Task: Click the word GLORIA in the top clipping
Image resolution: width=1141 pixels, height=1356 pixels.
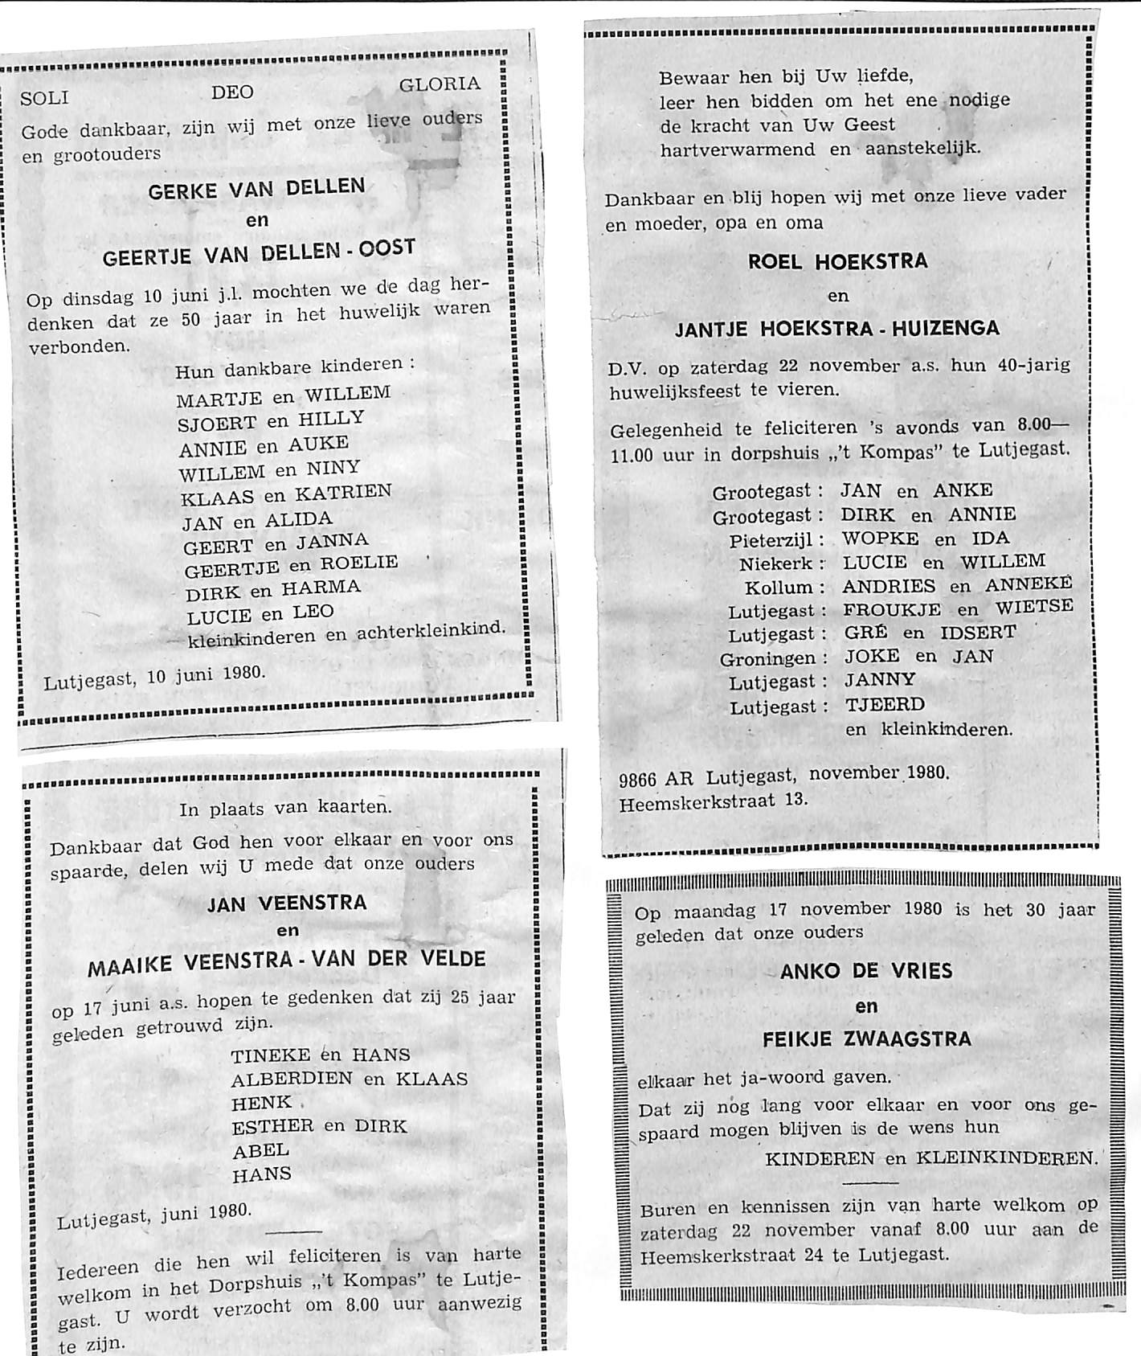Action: pyautogui.click(x=440, y=84)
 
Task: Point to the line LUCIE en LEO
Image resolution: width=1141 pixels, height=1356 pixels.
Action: pyautogui.click(x=260, y=614)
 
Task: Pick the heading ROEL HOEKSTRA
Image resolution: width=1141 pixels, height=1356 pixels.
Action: pyautogui.click(x=838, y=262)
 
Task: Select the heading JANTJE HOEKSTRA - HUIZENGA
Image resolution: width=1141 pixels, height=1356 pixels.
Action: pyautogui.click(x=837, y=328)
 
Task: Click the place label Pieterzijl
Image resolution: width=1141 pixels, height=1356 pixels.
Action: pyautogui.click(x=775, y=540)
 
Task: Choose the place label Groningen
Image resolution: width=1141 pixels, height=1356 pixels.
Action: pyautogui.click(x=773, y=659)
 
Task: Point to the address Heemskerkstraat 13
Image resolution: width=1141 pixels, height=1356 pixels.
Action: pyautogui.click(x=714, y=801)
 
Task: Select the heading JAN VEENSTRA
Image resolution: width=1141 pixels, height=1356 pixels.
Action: pyautogui.click(x=287, y=903)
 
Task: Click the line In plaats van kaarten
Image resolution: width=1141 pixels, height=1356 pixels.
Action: pyautogui.click(x=286, y=809)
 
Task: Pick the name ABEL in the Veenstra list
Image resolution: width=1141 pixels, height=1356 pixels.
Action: pyautogui.click(x=260, y=1150)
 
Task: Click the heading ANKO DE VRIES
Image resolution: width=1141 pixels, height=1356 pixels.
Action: pyautogui.click(x=866, y=971)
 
